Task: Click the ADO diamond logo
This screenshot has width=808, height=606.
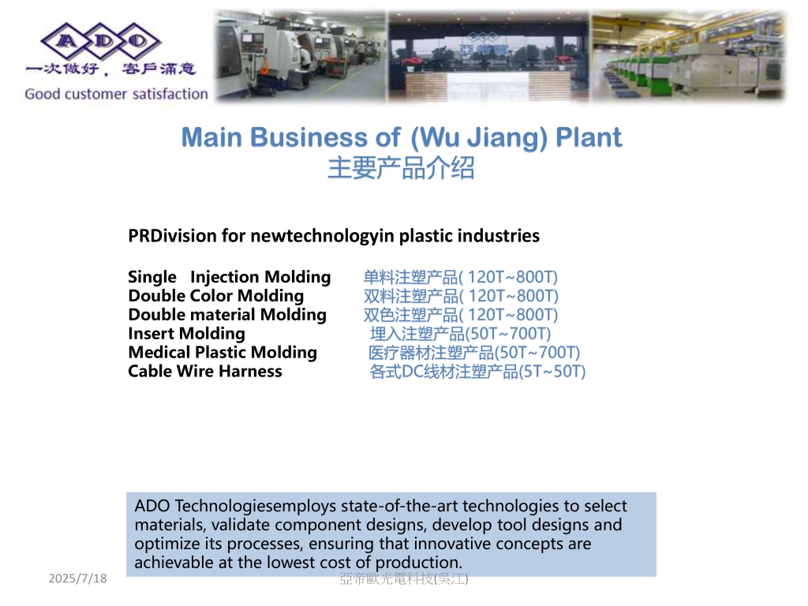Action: (x=101, y=41)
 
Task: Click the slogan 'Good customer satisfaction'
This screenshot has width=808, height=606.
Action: (x=117, y=94)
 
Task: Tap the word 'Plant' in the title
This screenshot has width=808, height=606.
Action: (x=589, y=137)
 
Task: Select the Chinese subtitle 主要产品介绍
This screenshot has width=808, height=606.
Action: (x=401, y=168)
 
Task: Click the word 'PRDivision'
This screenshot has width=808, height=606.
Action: (x=173, y=235)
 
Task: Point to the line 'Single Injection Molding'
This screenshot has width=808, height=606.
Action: (x=230, y=277)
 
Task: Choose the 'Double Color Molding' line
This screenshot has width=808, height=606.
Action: (x=216, y=296)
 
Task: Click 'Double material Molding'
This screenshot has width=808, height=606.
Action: (x=227, y=314)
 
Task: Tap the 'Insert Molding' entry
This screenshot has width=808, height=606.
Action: (x=186, y=334)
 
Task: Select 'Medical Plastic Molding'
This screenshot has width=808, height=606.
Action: (x=223, y=353)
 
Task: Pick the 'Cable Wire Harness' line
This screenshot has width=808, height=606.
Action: (x=205, y=371)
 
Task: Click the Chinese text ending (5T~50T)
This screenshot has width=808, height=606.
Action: (x=477, y=372)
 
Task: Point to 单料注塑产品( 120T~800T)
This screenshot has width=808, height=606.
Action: (x=461, y=277)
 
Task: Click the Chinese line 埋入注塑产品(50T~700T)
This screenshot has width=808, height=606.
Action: (x=461, y=334)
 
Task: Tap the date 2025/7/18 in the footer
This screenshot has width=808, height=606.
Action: (x=78, y=578)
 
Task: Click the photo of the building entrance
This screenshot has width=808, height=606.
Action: (x=488, y=57)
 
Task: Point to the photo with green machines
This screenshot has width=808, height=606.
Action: (x=688, y=56)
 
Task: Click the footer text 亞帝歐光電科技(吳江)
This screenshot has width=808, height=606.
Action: (x=404, y=578)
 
